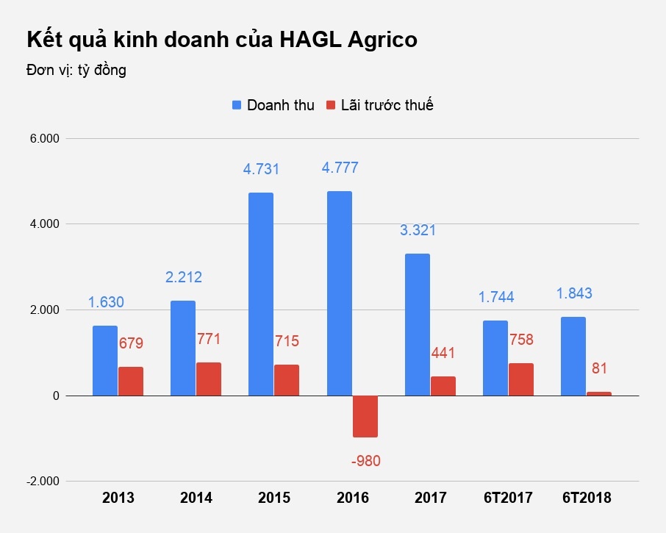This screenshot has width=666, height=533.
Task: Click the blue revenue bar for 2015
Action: click(x=260, y=294)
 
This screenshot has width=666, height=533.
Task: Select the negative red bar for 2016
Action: click(x=365, y=416)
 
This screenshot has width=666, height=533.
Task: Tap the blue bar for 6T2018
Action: click(x=573, y=357)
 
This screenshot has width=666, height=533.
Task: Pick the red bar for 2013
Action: click(x=131, y=381)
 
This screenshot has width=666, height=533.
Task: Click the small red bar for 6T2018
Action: click(x=598, y=394)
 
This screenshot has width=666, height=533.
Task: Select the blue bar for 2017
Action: click(x=417, y=325)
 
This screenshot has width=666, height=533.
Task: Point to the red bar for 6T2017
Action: click(x=520, y=379)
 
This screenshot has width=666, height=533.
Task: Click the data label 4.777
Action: click(x=340, y=168)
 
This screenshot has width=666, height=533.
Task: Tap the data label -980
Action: click(x=365, y=462)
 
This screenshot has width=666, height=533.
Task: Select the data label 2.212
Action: click(x=183, y=277)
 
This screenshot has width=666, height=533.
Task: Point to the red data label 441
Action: click(x=443, y=353)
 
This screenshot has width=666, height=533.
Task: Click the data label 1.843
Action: click(x=573, y=293)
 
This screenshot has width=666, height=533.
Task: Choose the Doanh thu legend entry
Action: click(x=273, y=105)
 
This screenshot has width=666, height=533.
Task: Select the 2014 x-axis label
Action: click(x=196, y=498)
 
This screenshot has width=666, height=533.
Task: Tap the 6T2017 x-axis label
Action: click(x=508, y=498)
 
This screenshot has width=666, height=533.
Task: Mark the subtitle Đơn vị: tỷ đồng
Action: click(x=76, y=71)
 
